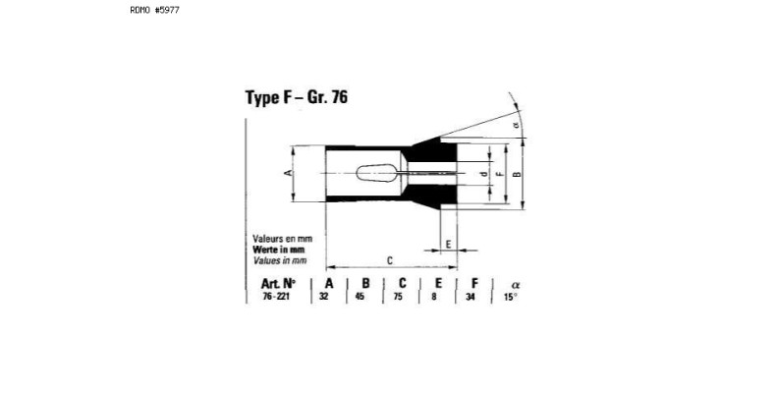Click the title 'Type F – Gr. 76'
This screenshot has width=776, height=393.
[x=297, y=97]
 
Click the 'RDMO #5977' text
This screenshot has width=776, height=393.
[x=155, y=10]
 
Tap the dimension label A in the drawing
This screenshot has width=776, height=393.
[x=288, y=173]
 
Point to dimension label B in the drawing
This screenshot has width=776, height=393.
[x=517, y=174]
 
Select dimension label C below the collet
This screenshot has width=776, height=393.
[x=390, y=260]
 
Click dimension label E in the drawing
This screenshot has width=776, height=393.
[x=448, y=244]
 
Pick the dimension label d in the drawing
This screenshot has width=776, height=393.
[x=484, y=173]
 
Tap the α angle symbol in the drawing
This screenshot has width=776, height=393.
[x=517, y=125]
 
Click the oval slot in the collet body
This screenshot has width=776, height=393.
[x=376, y=173]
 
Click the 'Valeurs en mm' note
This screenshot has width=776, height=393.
[x=283, y=239]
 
